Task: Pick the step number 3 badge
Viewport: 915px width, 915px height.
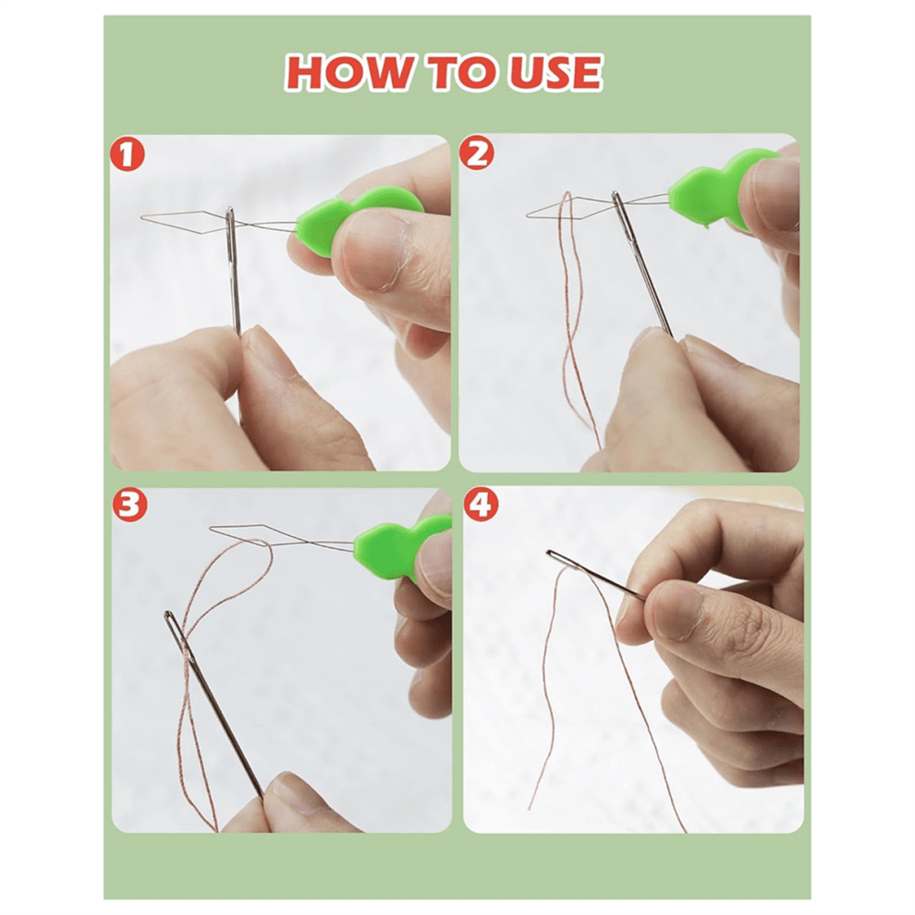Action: click(x=129, y=506)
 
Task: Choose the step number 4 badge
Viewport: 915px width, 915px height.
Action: click(x=481, y=505)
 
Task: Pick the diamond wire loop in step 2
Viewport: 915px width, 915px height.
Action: click(x=569, y=208)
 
